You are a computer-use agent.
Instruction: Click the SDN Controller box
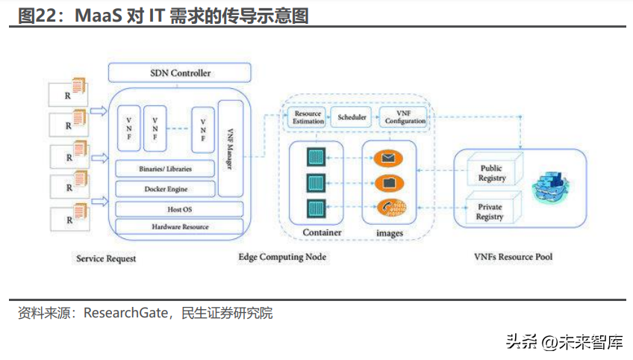tap(180, 73)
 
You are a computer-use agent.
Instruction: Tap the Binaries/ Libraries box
tap(165, 168)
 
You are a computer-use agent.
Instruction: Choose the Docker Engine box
tap(165, 189)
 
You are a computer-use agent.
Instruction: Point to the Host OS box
tap(179, 209)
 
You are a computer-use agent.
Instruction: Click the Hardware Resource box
tap(179, 226)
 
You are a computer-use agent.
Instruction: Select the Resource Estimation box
tap(308, 117)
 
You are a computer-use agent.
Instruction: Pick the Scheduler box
tap(352, 117)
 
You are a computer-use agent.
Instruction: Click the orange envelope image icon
tap(388, 158)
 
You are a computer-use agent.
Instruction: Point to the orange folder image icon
tap(388, 182)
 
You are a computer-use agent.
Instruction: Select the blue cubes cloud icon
tap(551, 183)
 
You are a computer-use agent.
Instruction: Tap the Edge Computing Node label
tap(282, 257)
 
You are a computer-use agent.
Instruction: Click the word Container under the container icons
tap(322, 233)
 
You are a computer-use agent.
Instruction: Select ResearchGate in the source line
tap(128, 313)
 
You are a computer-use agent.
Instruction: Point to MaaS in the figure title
tap(99, 16)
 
